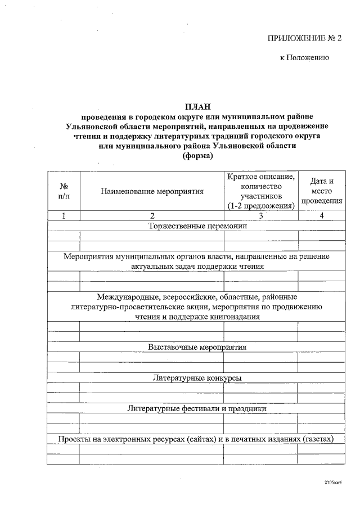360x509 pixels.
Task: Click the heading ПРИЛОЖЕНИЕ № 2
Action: pyautogui.click(x=304, y=38)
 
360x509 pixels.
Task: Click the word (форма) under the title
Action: pyautogui.click(x=197, y=156)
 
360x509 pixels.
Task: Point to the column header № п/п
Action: pyautogui.click(x=64, y=191)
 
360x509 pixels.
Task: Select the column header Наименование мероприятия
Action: pyautogui.click(x=152, y=191)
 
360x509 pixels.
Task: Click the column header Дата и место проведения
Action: pyautogui.click(x=322, y=191)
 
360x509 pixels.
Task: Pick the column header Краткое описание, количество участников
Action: pyautogui.click(x=260, y=191)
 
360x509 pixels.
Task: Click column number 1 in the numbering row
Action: pyautogui.click(x=64, y=216)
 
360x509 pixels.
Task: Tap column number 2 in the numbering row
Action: pyautogui.click(x=152, y=216)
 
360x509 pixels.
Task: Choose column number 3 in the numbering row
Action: pyautogui.click(x=260, y=216)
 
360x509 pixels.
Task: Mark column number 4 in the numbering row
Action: pyautogui.click(x=322, y=216)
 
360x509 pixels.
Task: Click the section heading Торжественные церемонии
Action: pyautogui.click(x=197, y=226)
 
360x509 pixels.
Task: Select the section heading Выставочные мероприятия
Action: pyautogui.click(x=197, y=346)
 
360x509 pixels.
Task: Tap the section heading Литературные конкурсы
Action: pyautogui.click(x=197, y=378)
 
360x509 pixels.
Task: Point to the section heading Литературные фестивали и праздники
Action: pyautogui.click(x=197, y=408)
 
